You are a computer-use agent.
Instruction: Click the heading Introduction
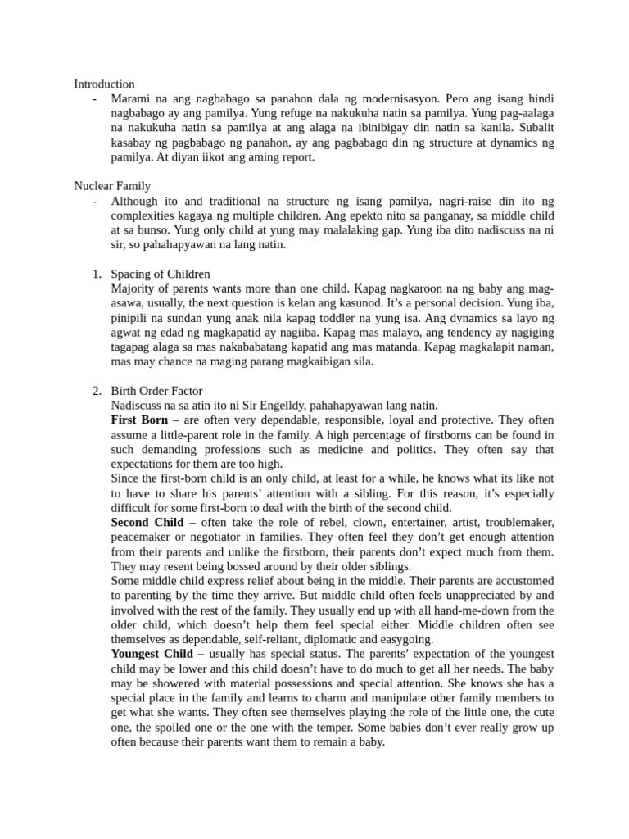coord(104,84)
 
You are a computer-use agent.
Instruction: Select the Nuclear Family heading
coord(112,186)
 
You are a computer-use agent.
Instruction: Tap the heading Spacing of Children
coord(161,274)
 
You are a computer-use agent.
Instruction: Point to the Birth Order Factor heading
coord(156,391)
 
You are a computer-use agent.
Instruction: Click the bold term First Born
coord(139,420)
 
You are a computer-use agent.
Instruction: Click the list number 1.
coord(96,274)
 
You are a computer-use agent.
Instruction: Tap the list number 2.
coord(96,391)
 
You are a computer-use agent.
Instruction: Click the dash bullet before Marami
coord(96,98)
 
